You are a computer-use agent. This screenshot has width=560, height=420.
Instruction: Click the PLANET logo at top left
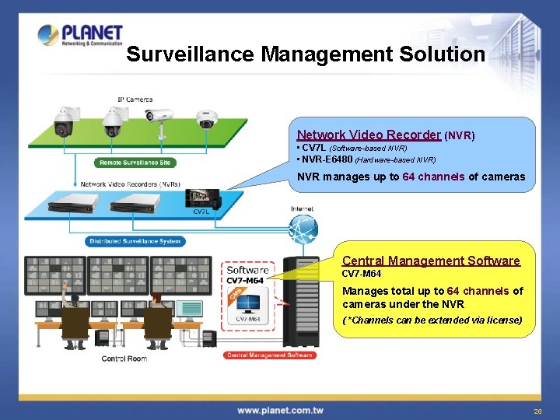tap(80, 36)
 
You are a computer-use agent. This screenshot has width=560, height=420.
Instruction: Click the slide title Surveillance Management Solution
tap(305, 54)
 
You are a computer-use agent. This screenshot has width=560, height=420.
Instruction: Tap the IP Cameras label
tap(135, 100)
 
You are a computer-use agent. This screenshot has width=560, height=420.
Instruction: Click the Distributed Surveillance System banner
tap(134, 241)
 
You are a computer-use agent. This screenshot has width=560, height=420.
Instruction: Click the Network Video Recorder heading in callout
tap(369, 135)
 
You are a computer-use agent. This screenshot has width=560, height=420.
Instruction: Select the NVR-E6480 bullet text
tap(366, 159)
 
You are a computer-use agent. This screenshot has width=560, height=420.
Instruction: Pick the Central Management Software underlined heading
tap(431, 261)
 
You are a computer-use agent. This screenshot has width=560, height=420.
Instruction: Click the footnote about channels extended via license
tap(432, 320)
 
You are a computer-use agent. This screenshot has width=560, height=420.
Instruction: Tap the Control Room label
tap(124, 359)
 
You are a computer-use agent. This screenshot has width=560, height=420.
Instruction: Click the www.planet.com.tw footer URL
tap(281, 410)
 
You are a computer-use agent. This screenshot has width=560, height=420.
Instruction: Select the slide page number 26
tap(537, 411)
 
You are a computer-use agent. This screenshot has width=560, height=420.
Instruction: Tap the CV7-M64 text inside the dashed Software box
tap(246, 280)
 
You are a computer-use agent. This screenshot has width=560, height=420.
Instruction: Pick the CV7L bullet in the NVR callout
tap(352, 148)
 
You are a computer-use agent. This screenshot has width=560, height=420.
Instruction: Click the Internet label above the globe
tap(302, 208)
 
